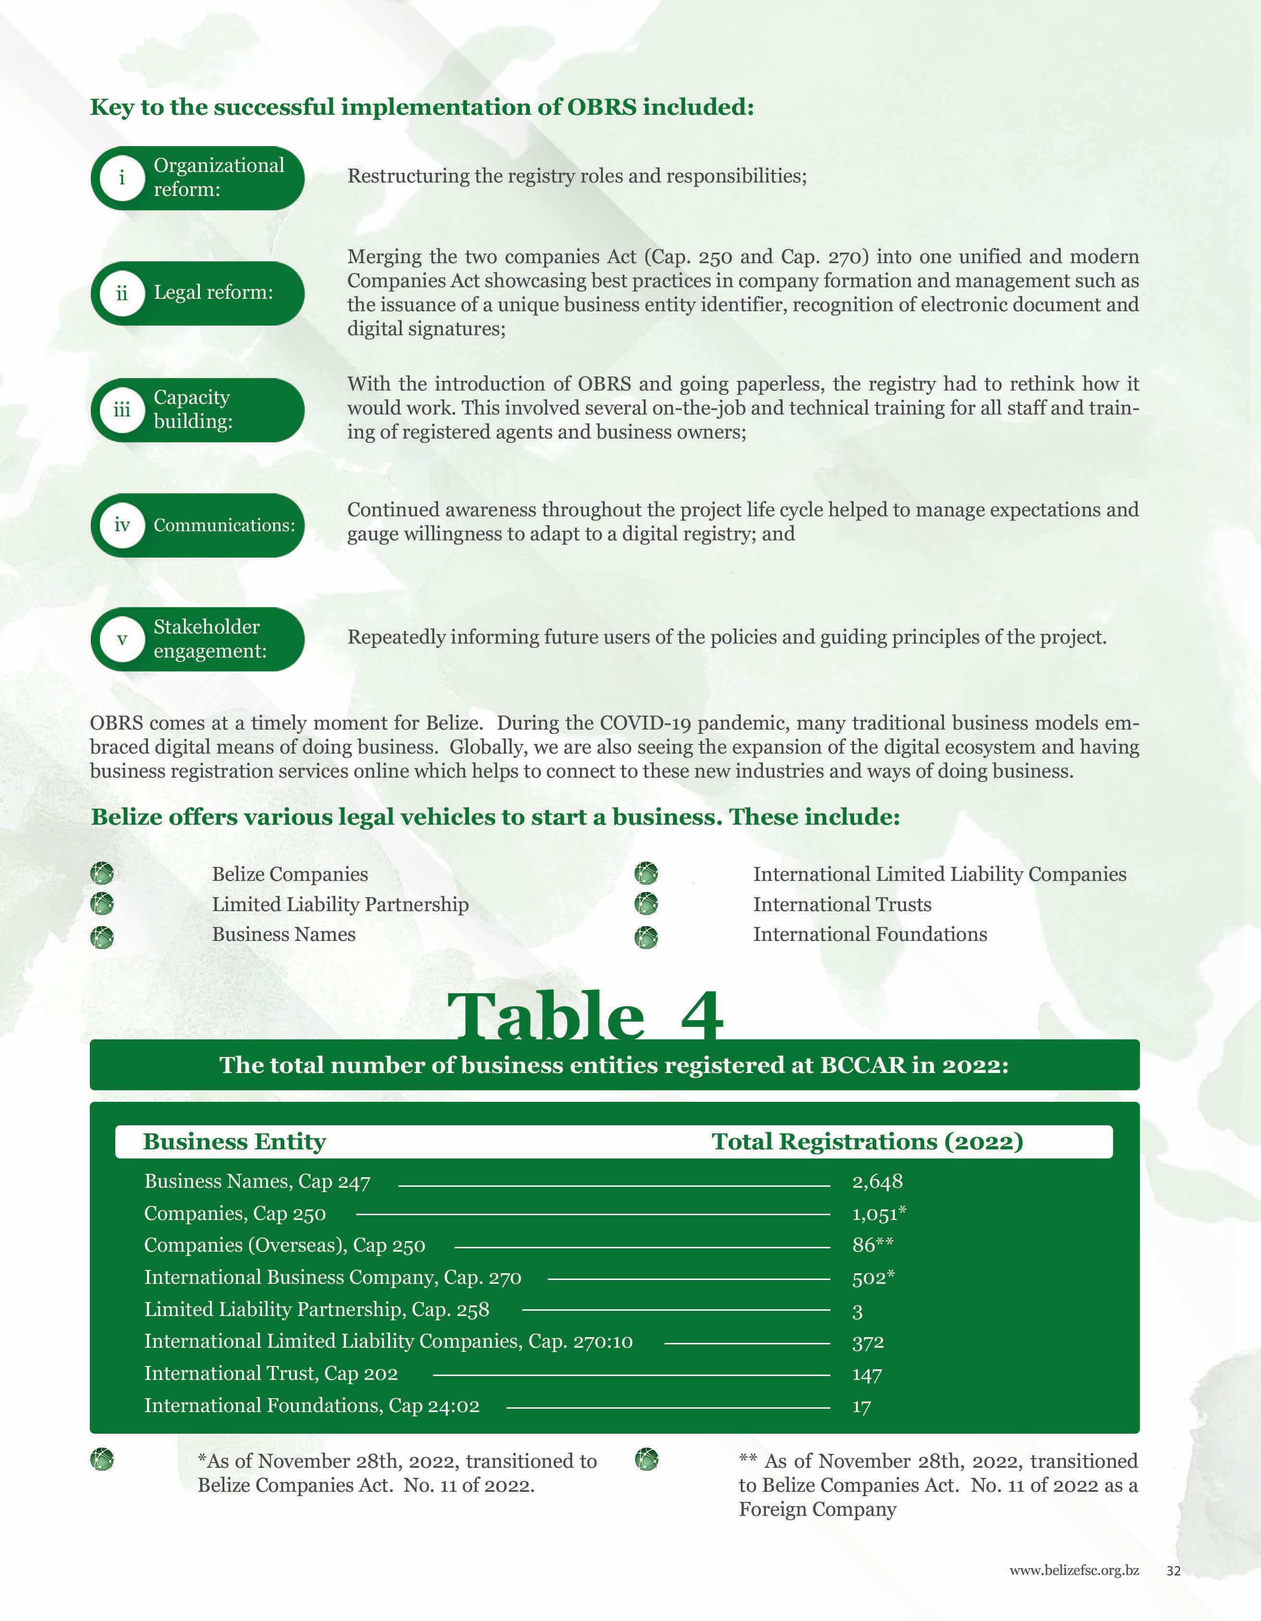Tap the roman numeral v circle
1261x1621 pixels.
pyautogui.click(x=122, y=639)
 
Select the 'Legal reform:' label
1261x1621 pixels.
pyautogui.click(x=213, y=293)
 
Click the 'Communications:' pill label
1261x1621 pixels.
pyautogui.click(x=223, y=525)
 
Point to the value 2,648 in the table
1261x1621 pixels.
pyautogui.click(x=877, y=1182)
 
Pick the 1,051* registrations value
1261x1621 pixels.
pyautogui.click(x=879, y=1214)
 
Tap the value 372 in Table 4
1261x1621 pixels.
pyautogui.click(x=868, y=1342)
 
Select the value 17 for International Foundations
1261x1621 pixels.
pyautogui.click(x=861, y=1406)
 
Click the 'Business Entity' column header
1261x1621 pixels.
pyautogui.click(x=234, y=1142)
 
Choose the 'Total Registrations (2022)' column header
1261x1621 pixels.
pyautogui.click(x=867, y=1142)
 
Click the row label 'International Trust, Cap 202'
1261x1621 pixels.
pyautogui.click(x=271, y=1374)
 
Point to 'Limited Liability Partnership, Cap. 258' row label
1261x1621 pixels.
pyautogui.click(x=316, y=1310)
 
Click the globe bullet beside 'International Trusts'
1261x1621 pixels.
pyautogui.click(x=647, y=904)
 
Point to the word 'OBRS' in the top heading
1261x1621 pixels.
pyautogui.click(x=601, y=107)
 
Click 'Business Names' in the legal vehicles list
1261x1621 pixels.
pyautogui.click(x=283, y=935)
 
